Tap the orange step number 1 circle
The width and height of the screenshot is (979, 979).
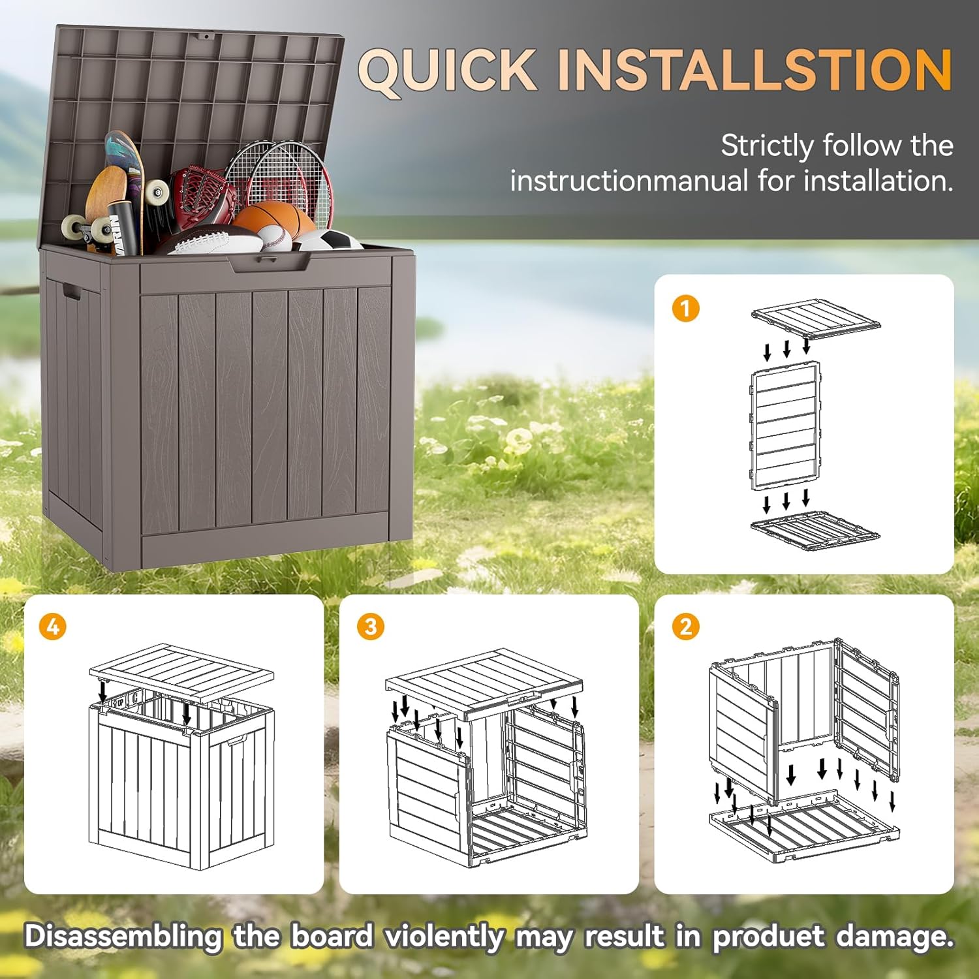(x=685, y=308)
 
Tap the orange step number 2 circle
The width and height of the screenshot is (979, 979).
(x=685, y=627)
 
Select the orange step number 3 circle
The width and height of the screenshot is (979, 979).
(x=370, y=627)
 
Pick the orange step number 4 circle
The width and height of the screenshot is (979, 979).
(x=52, y=627)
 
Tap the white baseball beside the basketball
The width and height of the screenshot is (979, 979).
(x=274, y=239)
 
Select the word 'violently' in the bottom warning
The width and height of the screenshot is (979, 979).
(x=444, y=937)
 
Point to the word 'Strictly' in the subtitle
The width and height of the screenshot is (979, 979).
(x=766, y=146)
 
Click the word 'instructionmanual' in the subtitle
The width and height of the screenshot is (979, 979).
(x=629, y=181)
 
